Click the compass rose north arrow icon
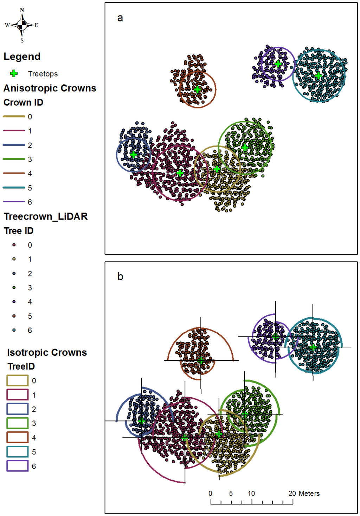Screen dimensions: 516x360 pos(22,25)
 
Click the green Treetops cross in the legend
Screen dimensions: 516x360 pos(14,73)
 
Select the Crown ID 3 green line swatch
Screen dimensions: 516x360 pos(14,159)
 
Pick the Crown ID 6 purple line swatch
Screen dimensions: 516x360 pos(14,202)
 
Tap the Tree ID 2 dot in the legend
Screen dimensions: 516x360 pos(14,273)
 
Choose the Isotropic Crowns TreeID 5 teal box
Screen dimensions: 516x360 pos(17,452)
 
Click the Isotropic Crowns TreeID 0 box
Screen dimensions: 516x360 pos(17,380)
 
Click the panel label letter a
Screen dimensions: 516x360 pos(120,18)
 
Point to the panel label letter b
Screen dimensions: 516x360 pos(120,277)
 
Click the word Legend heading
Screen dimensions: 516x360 pos(22,57)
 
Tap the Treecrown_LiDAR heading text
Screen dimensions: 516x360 pos(46,216)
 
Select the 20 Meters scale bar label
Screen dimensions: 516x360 pos(304,494)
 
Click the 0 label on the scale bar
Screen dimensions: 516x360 pos(210,494)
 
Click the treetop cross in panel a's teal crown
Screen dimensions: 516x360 pos(318,76)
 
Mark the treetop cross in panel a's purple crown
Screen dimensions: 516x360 pos(278,64)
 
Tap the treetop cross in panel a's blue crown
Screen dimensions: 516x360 pos(133,155)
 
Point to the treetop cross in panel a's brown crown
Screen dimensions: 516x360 pos(197,89)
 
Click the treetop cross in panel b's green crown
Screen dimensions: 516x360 pos(245,414)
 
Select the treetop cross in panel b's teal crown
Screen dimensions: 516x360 pos(313,347)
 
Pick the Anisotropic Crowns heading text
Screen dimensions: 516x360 pos(50,88)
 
